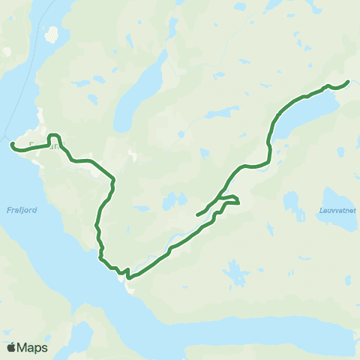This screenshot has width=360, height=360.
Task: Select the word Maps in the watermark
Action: [33, 348]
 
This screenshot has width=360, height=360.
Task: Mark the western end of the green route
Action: [11, 144]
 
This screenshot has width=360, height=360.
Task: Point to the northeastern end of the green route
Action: [348, 81]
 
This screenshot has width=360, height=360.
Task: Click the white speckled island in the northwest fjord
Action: [52, 34]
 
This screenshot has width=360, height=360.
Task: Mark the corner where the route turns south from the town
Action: [113, 180]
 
